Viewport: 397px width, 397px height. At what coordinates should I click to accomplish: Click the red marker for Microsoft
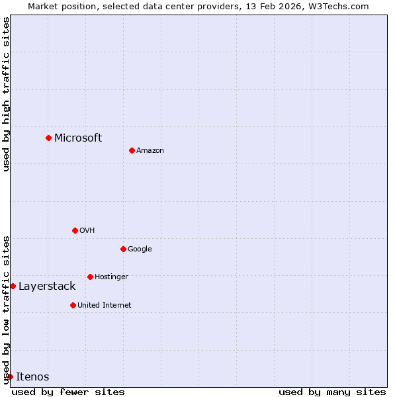(48, 138)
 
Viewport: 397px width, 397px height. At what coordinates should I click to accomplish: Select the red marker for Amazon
(132, 150)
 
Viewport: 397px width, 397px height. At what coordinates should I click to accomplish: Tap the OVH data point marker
(75, 230)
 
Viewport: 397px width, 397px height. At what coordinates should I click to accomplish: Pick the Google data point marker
(123, 249)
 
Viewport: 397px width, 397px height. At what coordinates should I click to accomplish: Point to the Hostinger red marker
(90, 277)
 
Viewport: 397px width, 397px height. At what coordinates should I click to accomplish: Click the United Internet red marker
(73, 305)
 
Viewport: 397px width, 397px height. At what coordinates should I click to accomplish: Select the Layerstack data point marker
(13, 286)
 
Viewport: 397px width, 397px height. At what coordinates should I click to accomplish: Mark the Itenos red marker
(10, 376)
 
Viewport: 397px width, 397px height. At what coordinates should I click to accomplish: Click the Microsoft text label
(78, 138)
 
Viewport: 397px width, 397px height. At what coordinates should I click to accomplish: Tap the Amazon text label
(150, 150)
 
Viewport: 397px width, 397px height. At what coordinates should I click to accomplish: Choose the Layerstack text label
(47, 286)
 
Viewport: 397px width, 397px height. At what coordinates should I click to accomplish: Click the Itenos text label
(32, 376)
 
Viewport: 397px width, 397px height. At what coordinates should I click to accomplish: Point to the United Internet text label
(105, 305)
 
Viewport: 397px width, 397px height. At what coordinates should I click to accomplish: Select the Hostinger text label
(111, 277)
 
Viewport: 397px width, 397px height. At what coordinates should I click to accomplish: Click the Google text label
(140, 249)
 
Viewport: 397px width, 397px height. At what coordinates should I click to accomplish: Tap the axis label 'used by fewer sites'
(68, 392)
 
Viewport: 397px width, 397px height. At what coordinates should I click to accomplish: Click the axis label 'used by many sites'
(332, 392)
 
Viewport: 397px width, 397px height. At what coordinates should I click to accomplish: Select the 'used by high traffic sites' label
(6, 94)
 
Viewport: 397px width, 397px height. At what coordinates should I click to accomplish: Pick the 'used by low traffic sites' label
(6, 309)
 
